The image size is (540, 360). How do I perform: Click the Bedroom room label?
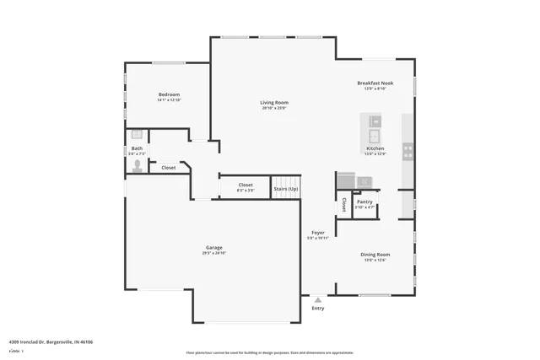pos(169,94)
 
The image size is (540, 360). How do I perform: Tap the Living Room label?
pos(274,103)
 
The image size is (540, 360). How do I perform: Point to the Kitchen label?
pos(375,148)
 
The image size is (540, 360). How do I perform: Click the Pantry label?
pos(364,201)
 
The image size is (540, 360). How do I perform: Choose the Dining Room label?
pos(375,255)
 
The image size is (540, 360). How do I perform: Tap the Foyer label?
pos(318,233)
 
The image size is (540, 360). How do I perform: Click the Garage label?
pos(214,247)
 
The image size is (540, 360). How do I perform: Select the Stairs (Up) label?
pos(286,189)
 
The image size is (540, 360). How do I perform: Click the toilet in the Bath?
pos(137,166)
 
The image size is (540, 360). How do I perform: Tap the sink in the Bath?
pos(137,133)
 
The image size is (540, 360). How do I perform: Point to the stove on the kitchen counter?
pos(408,151)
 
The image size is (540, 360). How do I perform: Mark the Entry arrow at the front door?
pos(318,298)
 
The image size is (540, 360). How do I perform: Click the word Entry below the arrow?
pos(318,309)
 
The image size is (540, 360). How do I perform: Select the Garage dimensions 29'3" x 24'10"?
pos(214,253)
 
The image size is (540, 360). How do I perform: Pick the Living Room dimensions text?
pos(274,108)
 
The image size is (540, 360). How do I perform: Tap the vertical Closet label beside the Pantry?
pos(344,204)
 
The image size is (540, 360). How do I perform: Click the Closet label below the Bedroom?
pos(169,168)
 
